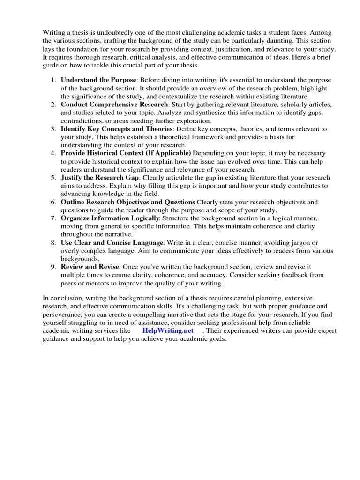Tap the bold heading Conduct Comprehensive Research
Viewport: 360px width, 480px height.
(x=114, y=104)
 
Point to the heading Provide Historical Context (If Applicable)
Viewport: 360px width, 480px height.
(x=126, y=153)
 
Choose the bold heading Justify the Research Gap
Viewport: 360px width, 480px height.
(x=100, y=178)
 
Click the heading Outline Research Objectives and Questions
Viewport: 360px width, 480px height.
(x=128, y=202)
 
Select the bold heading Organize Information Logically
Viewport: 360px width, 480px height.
(x=111, y=218)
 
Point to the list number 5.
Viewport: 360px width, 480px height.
(x=53, y=178)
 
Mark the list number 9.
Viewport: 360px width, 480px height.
(x=53, y=267)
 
